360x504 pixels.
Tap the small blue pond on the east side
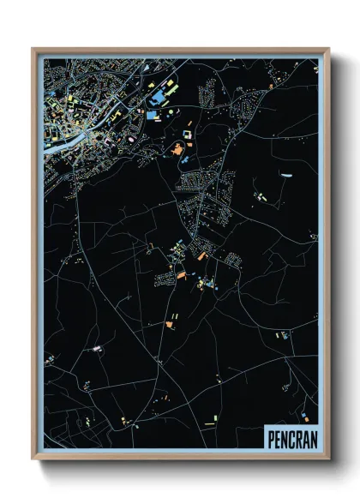coord(286,177)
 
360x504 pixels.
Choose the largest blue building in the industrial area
coord(153,115)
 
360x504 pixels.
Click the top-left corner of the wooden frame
coord(33,50)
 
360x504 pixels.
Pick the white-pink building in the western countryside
coord(97,348)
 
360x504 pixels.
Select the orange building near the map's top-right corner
coord(271,87)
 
